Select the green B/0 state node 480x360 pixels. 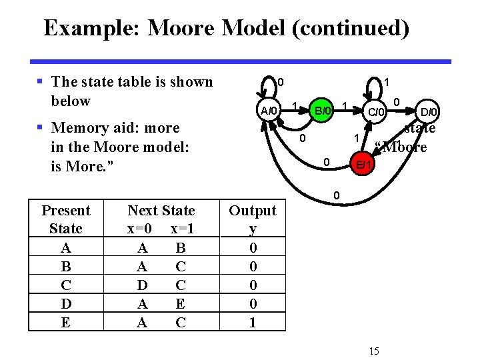(x=323, y=110)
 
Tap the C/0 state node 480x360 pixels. (x=377, y=111)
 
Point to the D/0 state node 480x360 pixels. (x=428, y=111)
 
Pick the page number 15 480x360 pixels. (x=373, y=351)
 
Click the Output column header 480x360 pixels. (x=252, y=211)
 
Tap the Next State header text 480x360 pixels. (x=161, y=211)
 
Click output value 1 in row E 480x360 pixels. (x=252, y=323)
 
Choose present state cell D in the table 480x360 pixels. (x=65, y=304)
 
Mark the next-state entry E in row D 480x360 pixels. (x=179, y=304)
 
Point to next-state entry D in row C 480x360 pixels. (x=143, y=285)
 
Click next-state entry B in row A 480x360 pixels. (x=179, y=248)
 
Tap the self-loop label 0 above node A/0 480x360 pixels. (x=281, y=82)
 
